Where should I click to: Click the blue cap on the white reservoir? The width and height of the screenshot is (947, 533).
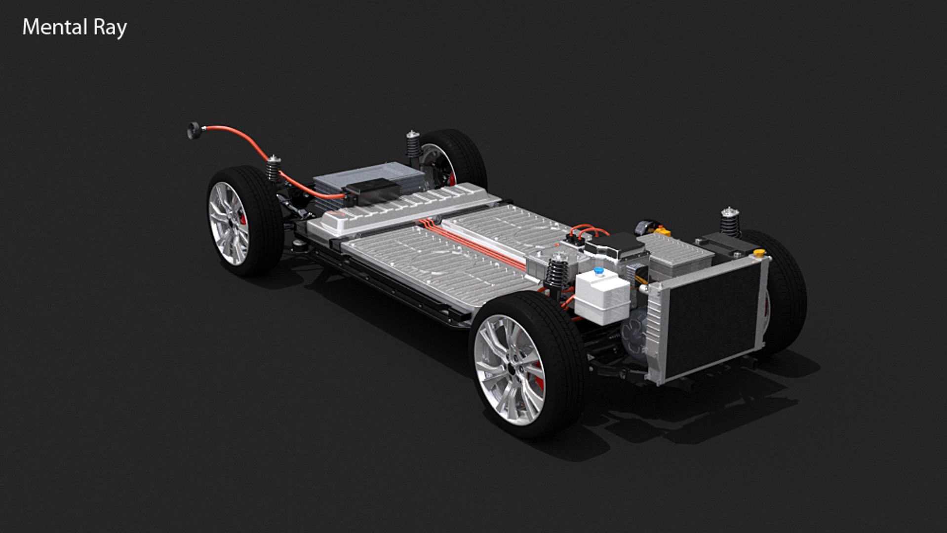point(598,271)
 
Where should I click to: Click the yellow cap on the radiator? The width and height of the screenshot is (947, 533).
point(759,253)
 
